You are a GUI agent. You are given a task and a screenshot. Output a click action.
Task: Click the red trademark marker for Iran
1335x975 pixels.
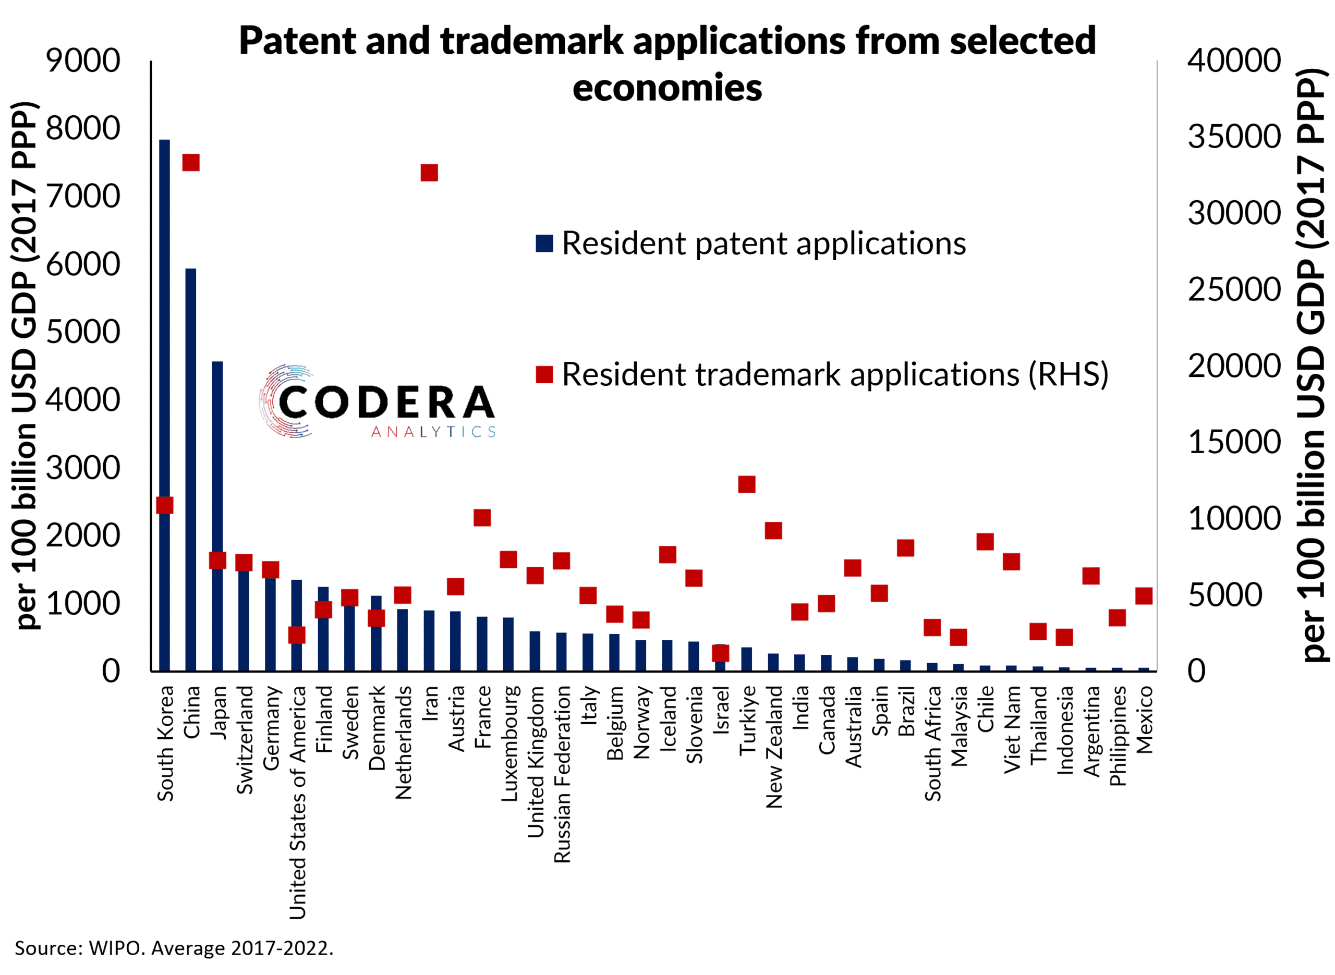(429, 173)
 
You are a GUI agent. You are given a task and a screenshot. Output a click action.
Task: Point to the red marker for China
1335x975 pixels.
(191, 162)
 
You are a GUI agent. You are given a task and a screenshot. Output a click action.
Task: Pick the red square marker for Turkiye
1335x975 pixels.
(747, 484)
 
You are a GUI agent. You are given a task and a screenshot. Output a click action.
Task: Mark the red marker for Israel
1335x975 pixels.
(721, 653)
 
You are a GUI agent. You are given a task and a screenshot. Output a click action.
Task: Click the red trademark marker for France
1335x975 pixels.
(482, 518)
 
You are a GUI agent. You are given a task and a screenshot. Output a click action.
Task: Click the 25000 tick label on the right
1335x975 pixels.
(1234, 289)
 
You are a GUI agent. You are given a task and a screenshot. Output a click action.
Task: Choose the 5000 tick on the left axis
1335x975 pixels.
(83, 332)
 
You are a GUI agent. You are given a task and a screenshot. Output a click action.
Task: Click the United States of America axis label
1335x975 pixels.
(297, 802)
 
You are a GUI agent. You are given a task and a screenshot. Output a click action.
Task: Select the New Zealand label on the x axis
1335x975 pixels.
(773, 746)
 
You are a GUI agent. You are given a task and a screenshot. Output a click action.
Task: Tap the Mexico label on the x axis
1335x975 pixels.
(1144, 720)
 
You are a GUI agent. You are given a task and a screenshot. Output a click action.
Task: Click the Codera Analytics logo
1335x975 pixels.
(378, 402)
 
